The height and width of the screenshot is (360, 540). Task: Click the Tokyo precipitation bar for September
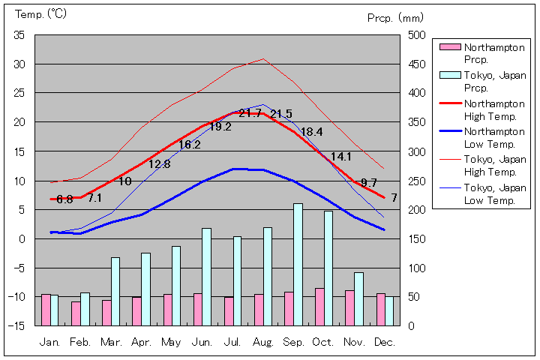[298, 264]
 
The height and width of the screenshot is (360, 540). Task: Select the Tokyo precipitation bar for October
[328, 268]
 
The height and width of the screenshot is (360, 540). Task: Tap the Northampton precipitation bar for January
[46, 310]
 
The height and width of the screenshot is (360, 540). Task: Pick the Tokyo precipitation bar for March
[115, 291]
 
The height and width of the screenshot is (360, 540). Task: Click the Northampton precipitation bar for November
[349, 307]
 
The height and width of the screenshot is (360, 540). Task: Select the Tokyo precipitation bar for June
[206, 277]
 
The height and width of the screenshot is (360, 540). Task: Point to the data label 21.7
[250, 113]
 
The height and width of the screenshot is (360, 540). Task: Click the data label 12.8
[159, 164]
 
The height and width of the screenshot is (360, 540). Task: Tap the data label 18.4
[311, 131]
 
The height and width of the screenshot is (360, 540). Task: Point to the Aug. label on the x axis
[263, 341]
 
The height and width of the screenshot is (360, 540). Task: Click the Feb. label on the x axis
[80, 341]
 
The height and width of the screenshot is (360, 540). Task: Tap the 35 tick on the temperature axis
[19, 35]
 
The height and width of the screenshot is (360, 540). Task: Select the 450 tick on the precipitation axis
[418, 64]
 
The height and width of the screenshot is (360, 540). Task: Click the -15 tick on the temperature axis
[17, 325]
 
